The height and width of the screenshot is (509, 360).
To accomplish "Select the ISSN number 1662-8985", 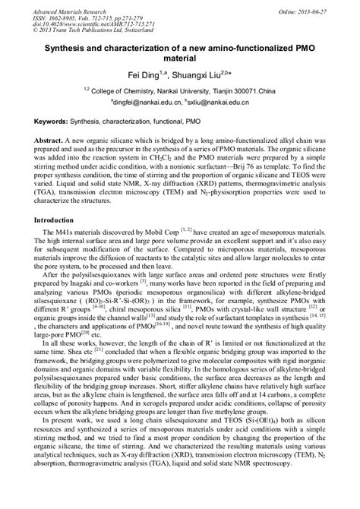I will [68, 16].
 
